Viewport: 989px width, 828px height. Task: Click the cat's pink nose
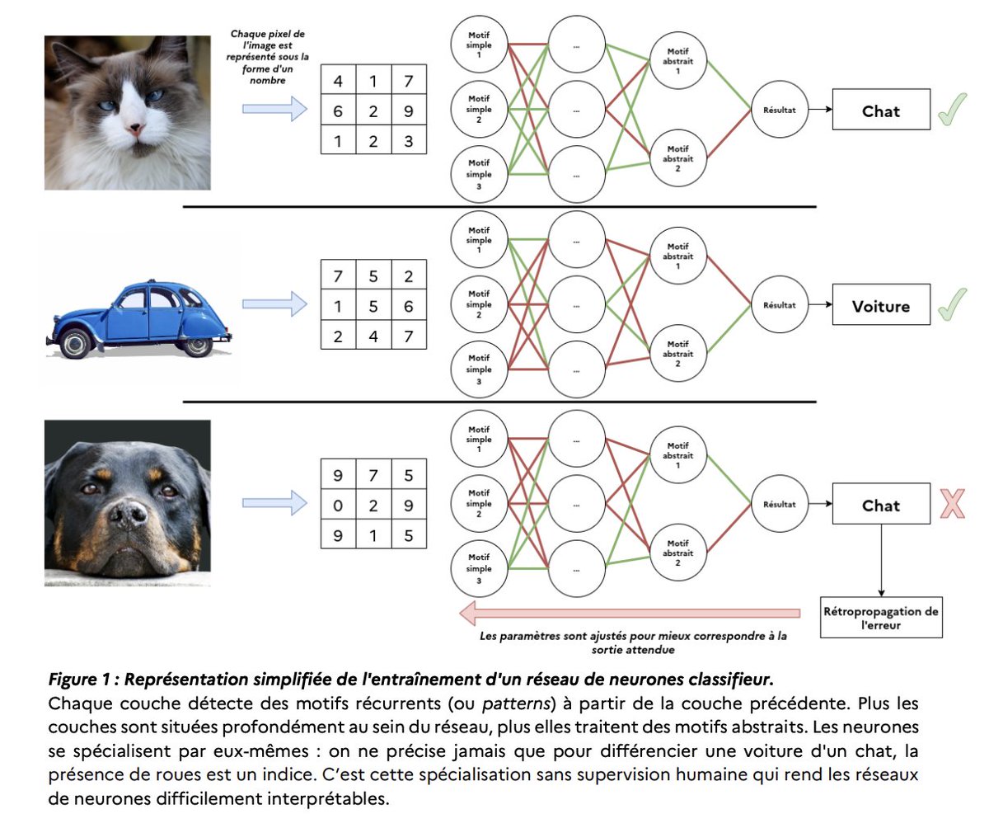[135, 129]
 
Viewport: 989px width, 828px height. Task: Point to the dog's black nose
[128, 516]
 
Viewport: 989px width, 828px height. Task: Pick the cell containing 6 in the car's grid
[408, 306]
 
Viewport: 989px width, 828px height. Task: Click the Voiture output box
[881, 306]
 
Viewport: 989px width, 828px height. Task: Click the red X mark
[952, 503]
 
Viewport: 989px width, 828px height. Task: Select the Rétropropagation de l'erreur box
[881, 618]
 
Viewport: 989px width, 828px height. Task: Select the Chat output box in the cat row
[881, 111]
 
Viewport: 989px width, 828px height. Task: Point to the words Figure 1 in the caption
[79, 680]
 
